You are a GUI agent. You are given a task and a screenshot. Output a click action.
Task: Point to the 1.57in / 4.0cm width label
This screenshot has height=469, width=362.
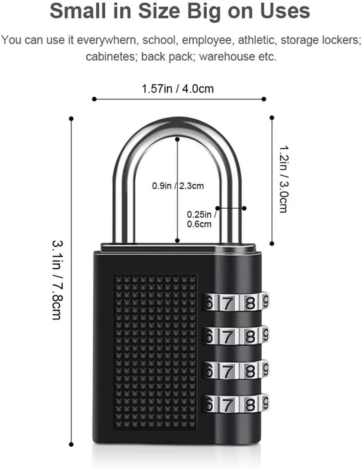178,89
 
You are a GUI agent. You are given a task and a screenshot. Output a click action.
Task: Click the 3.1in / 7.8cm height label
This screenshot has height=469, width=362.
56,279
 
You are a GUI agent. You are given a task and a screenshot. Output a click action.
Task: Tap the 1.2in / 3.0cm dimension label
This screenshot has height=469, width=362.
283,179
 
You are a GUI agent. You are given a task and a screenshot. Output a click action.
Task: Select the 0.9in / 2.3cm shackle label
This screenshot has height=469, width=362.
178,186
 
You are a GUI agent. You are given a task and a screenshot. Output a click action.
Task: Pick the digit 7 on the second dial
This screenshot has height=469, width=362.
226,337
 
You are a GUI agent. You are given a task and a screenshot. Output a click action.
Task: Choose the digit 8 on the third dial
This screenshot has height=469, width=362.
250,371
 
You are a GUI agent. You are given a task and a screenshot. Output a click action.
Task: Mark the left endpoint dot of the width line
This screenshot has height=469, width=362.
94,99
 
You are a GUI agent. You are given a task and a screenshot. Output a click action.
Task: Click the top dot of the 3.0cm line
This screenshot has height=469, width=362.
272,117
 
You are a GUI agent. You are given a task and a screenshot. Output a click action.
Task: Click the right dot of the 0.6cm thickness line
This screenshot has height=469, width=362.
244,208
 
